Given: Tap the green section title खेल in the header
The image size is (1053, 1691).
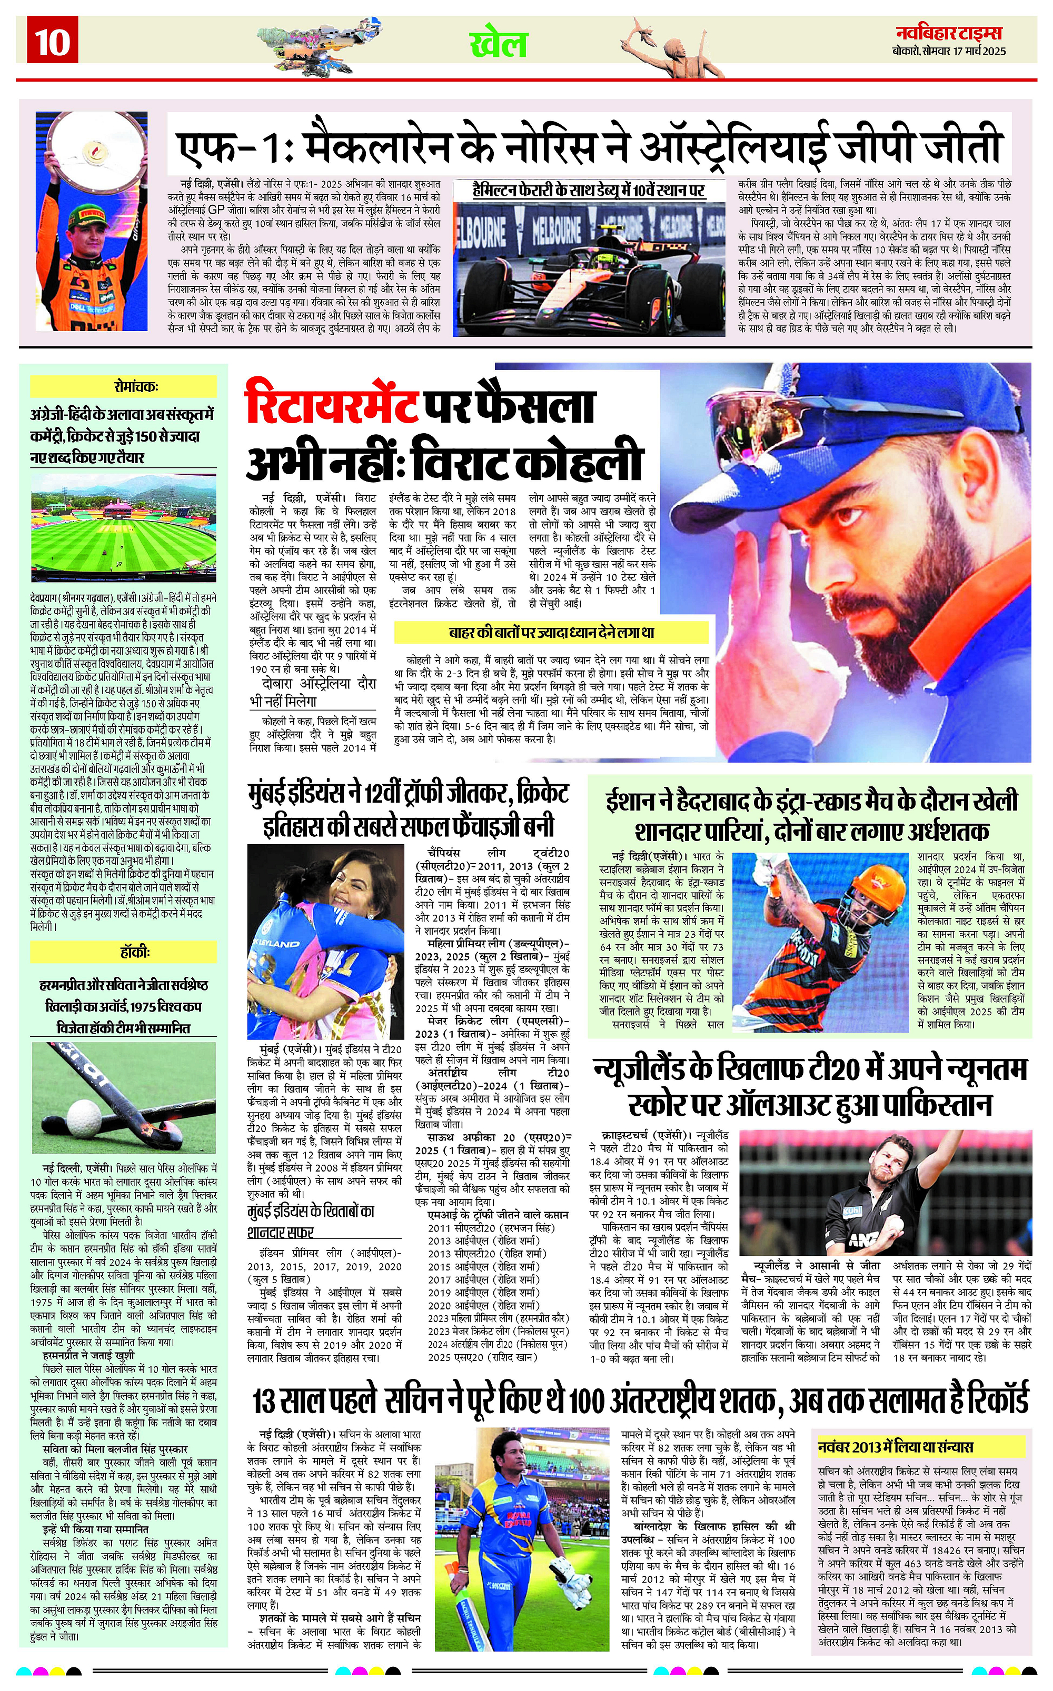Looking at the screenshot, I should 499,44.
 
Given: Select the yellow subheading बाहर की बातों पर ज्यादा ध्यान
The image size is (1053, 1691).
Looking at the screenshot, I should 551,632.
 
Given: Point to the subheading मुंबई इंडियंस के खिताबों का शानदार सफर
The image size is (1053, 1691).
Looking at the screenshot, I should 311,1222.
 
